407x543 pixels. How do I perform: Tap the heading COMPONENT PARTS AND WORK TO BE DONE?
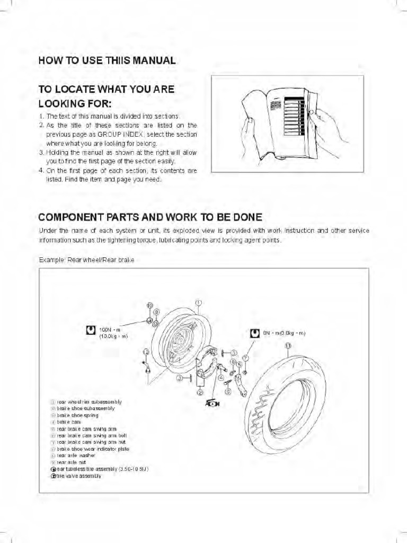[x=150, y=217]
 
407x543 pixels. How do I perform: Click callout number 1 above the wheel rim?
[x=198, y=303]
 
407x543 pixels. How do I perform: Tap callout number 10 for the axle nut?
[x=149, y=305]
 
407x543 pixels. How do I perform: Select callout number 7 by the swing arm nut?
[x=245, y=359]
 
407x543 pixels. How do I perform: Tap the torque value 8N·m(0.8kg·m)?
[x=284, y=333]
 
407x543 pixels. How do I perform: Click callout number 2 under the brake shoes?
[x=200, y=392]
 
